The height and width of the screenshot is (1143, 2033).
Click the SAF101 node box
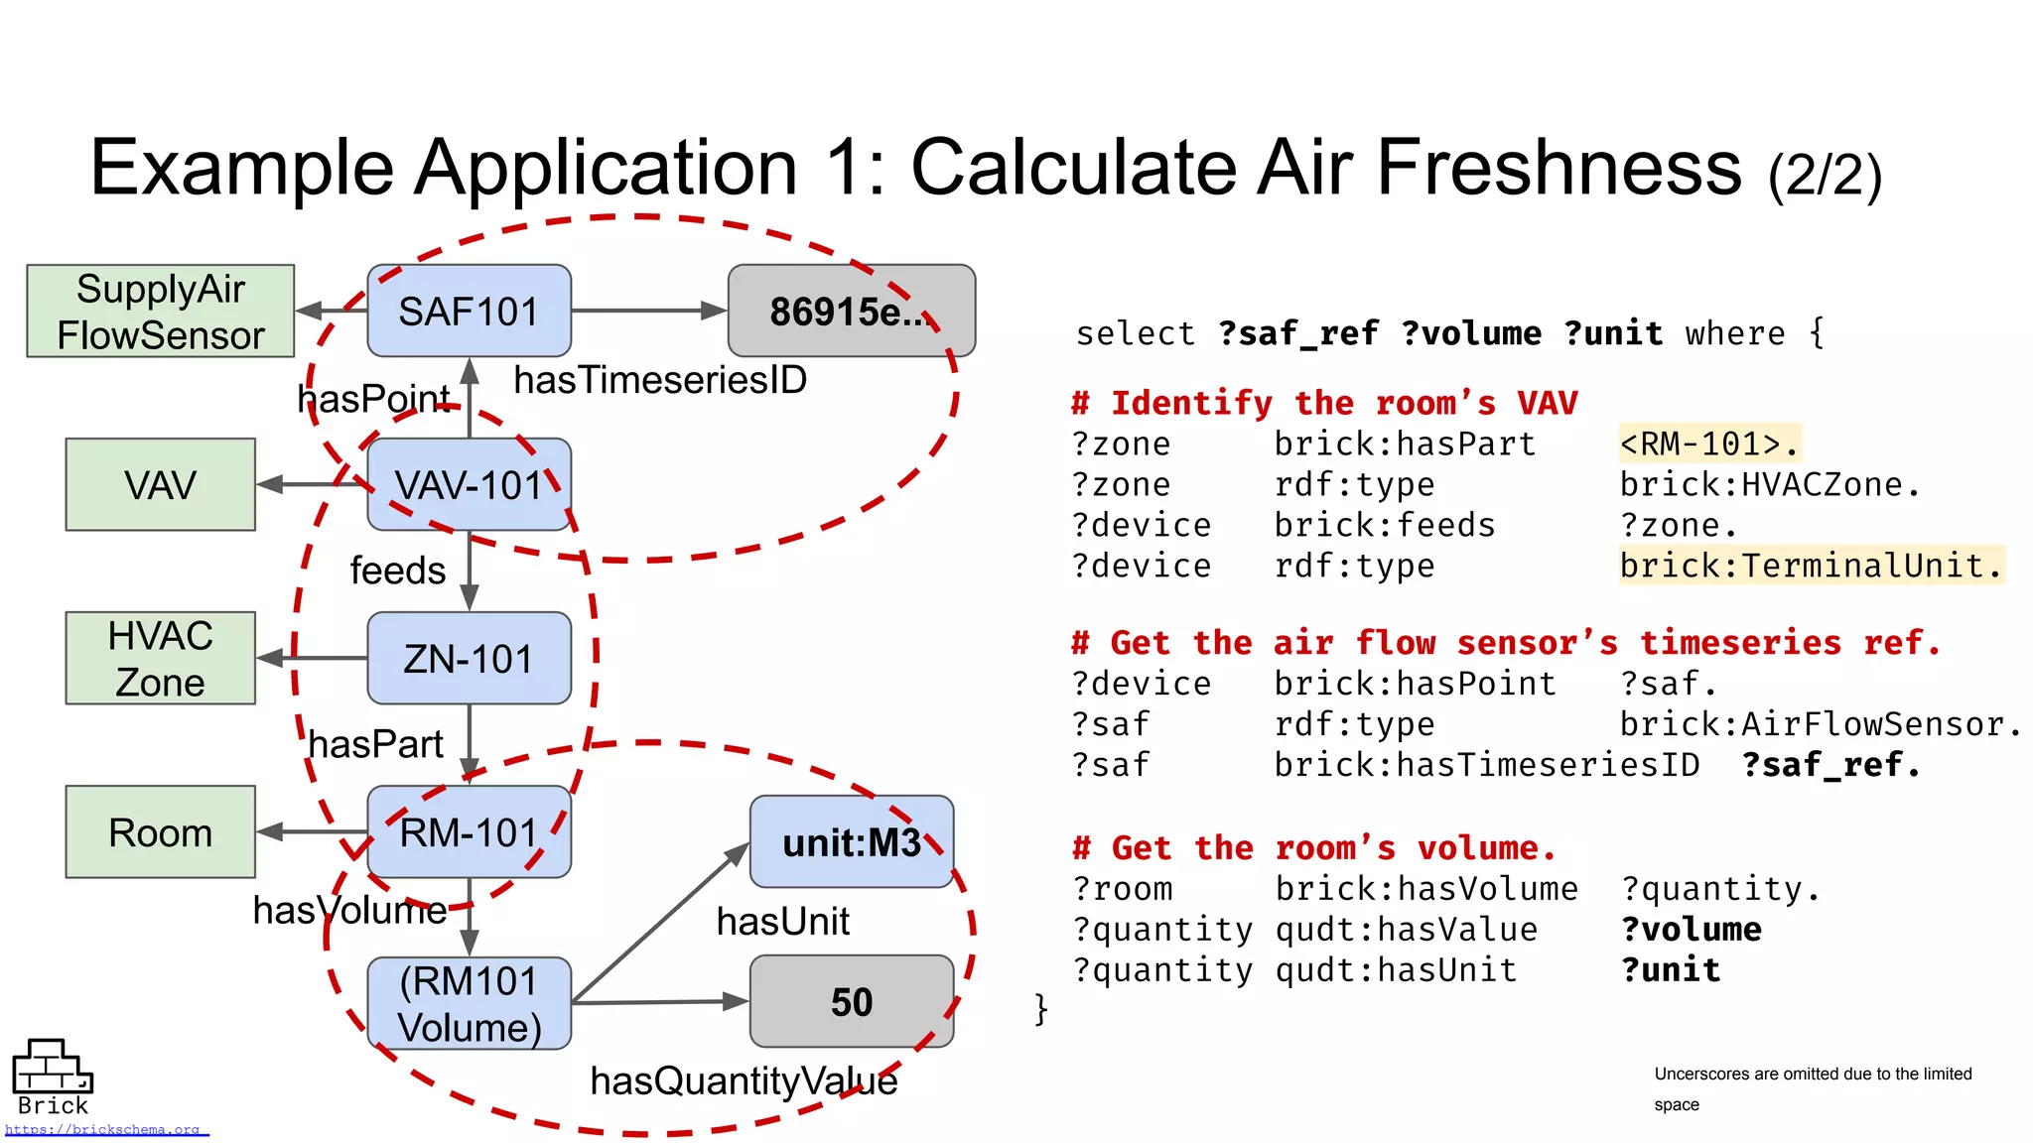click(469, 311)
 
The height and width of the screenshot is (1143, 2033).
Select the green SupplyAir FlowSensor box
click(160, 311)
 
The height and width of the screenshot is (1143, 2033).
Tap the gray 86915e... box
click(851, 311)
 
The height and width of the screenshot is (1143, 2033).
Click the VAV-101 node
click(469, 484)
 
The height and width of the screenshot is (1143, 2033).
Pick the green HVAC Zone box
click(160, 658)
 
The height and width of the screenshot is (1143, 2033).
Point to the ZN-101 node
click(469, 658)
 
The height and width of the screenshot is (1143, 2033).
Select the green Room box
click(160, 831)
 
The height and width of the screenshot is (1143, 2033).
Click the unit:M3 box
click(851, 841)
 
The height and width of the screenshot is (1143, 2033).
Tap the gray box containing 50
click(851, 1001)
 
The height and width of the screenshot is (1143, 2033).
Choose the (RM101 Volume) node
click(469, 1003)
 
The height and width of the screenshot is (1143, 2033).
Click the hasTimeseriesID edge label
click(660, 380)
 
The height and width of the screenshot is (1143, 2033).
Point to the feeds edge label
click(397, 571)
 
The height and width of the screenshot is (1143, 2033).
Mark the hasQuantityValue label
click(744, 1080)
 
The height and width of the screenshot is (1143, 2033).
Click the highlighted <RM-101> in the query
click(1707, 444)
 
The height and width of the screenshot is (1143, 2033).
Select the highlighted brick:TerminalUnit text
click(1811, 566)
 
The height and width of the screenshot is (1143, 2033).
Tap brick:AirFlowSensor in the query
click(1819, 724)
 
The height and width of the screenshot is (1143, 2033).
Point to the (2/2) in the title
click(1825, 176)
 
